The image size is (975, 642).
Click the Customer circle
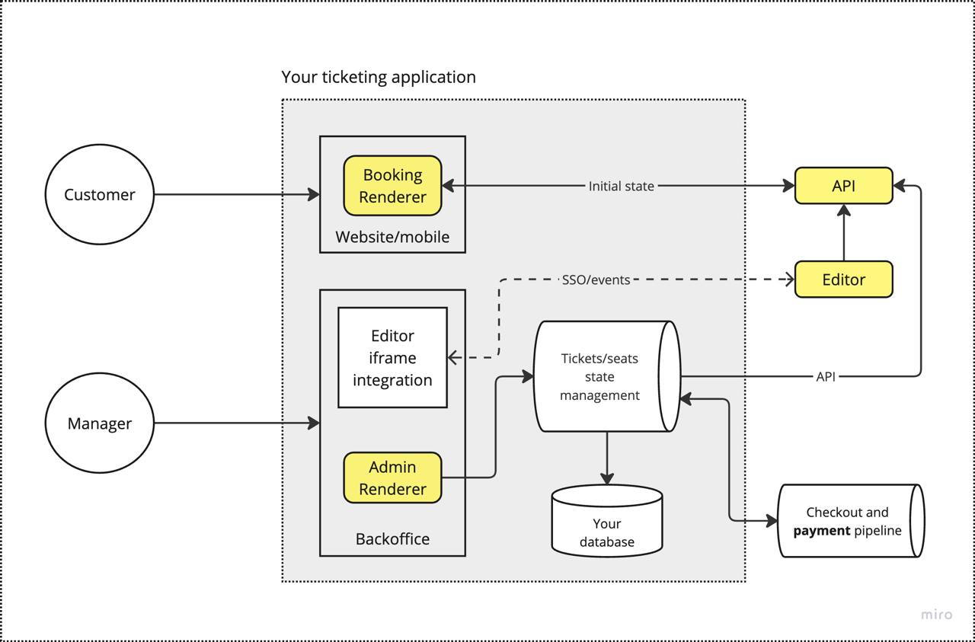click(100, 195)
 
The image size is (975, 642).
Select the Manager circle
click(100, 423)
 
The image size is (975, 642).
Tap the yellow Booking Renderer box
click(392, 186)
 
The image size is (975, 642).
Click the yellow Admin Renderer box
click(392, 478)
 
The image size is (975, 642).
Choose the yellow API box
click(843, 186)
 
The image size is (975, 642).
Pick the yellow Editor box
click(843, 279)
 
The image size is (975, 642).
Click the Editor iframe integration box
click(392, 358)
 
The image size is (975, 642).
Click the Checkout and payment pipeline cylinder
click(847, 522)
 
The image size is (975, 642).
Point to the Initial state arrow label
click(621, 186)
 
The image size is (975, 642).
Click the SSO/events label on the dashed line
click(596, 279)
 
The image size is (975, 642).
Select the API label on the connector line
click(826, 376)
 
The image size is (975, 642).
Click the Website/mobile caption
click(392, 237)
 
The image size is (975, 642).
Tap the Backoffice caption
click(392, 539)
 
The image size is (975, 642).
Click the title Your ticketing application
click(379, 77)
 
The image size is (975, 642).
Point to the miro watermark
click(936, 615)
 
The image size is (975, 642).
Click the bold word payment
click(821, 531)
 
